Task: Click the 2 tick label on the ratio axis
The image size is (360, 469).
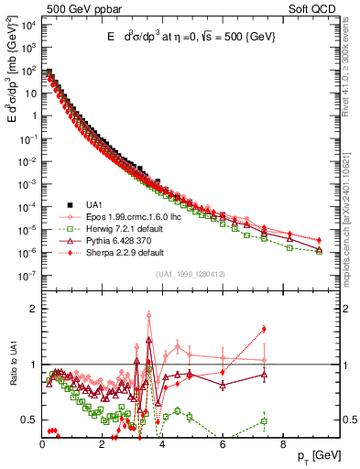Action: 33,309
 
